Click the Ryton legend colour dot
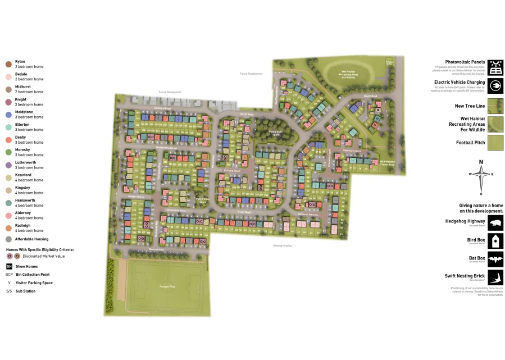pos(8,64)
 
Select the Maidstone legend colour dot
pos(8,115)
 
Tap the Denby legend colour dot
pos(8,140)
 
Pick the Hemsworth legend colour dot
pos(8,203)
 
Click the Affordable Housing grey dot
pos(8,239)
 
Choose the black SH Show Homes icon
pos(9,266)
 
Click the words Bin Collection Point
pos(34,275)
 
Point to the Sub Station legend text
pos(25,291)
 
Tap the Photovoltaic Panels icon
pos(495,67)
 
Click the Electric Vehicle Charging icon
pos(495,86)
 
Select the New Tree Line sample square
pos(495,106)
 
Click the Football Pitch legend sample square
pos(495,143)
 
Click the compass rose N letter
pos(481,162)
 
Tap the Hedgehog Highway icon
pos(495,222)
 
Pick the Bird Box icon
pos(495,241)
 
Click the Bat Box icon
pos(495,259)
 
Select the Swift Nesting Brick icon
pos(495,277)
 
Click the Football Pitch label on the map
pos(167,287)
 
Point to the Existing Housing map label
pos(283,245)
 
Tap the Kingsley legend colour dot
pos(8,190)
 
